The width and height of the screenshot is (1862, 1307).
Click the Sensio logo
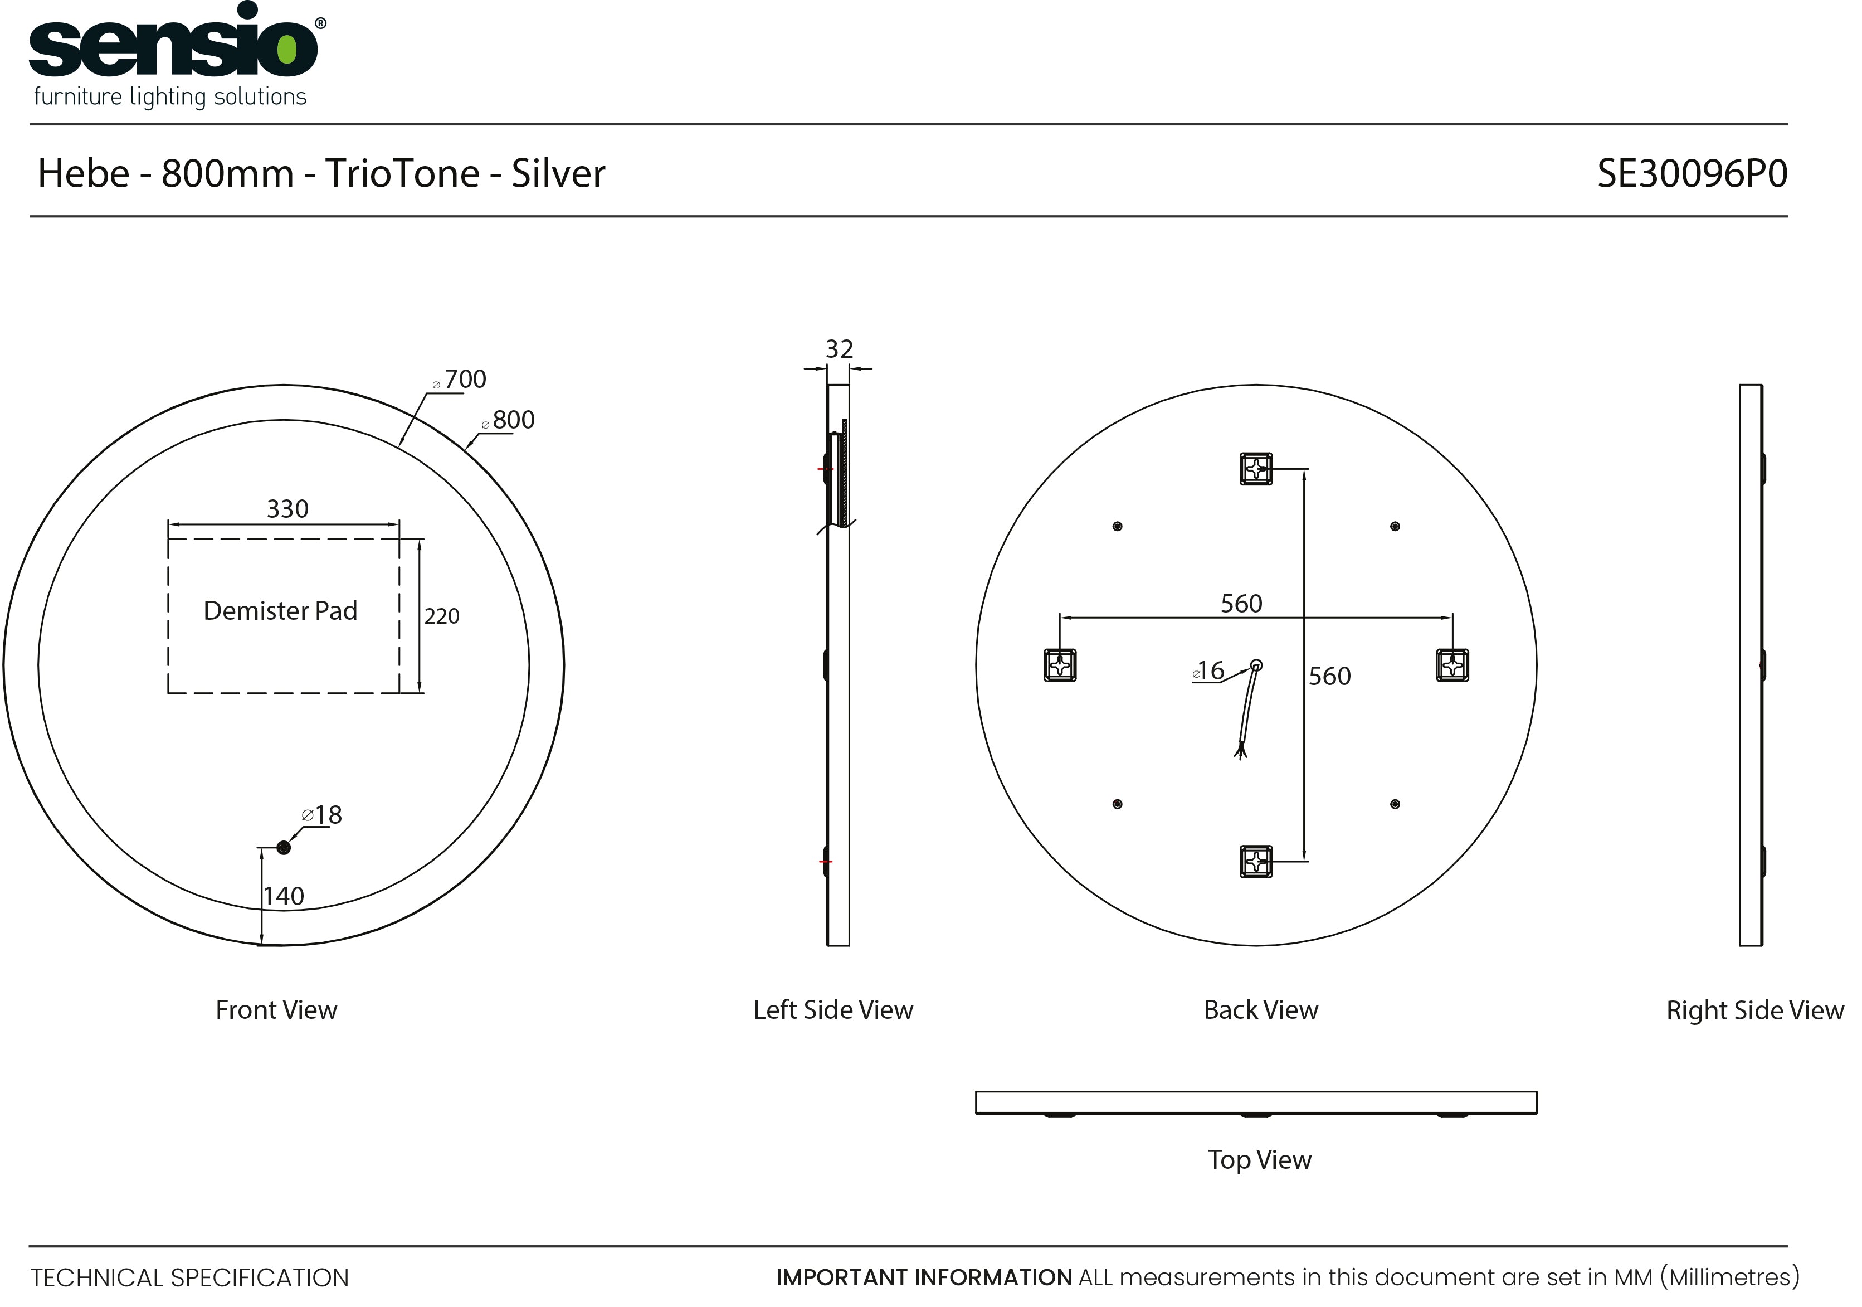point(178,55)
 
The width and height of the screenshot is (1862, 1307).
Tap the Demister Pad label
point(281,610)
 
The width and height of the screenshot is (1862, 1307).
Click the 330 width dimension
point(288,509)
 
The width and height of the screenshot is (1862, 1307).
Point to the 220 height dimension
point(442,616)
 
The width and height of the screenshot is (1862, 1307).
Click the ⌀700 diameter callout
point(460,379)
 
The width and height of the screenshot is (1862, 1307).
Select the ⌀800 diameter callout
point(509,420)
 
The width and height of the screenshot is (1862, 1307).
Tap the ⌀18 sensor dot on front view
point(283,848)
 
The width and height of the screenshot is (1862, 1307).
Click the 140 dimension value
point(284,896)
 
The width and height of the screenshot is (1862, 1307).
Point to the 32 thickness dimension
point(840,349)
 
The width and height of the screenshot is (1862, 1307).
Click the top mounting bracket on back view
point(1256,469)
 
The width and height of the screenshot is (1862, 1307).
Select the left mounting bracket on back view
point(1060,665)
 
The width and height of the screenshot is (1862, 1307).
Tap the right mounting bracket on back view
point(1452,665)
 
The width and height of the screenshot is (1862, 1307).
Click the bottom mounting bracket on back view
point(1256,862)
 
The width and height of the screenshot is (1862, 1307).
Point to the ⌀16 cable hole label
point(1208,671)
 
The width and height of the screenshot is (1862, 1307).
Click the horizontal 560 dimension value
point(1241,604)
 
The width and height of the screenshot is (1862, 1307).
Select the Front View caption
point(276,1010)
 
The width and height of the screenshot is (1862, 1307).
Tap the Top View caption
point(1260,1160)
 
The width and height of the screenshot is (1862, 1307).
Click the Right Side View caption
point(1755,1011)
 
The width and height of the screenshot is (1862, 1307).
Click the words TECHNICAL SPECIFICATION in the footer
point(190,1278)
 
